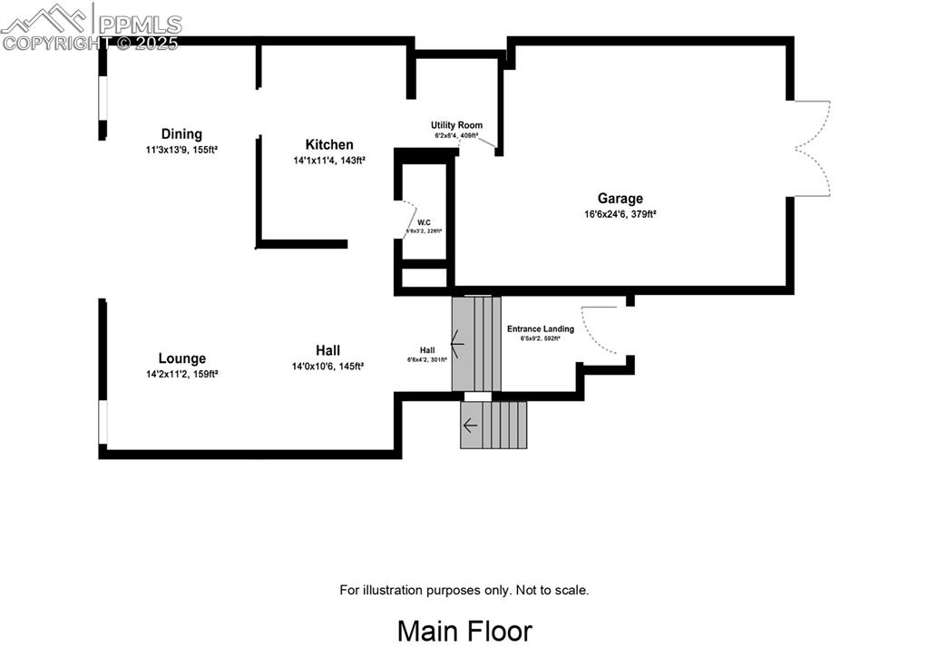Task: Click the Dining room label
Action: tap(181, 134)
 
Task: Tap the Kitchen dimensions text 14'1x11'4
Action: tap(328, 161)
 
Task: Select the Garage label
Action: tap(620, 199)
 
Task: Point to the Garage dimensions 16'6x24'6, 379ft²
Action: tap(620, 215)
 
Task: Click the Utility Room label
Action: tap(456, 125)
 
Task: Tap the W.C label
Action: tap(424, 222)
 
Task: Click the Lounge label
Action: tap(181, 358)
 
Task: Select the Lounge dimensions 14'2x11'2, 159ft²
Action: tap(181, 373)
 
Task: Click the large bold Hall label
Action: tap(327, 350)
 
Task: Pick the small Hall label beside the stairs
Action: tap(427, 350)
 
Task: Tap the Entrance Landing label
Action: tap(540, 328)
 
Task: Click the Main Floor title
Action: tap(464, 630)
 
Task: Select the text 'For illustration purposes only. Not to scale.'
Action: tap(464, 590)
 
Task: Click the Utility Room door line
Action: tap(484, 141)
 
